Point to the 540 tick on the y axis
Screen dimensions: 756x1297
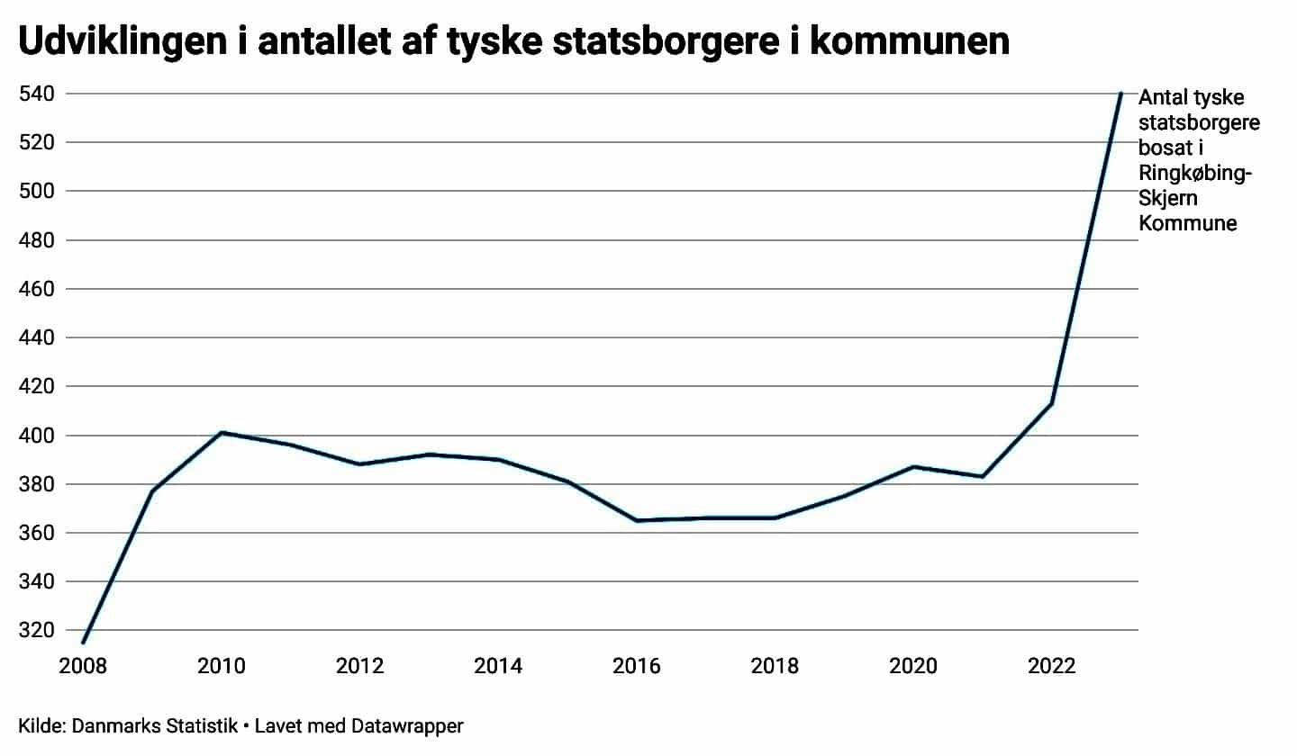coord(37,94)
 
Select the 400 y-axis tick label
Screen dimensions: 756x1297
coord(37,436)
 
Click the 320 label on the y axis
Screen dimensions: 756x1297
coord(37,630)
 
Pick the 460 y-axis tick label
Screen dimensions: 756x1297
coord(37,289)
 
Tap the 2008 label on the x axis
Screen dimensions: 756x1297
coord(82,667)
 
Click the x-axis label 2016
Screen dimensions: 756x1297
coord(636,667)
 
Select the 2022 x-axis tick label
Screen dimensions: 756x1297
coord(1051,667)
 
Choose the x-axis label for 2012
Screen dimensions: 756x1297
coord(359,667)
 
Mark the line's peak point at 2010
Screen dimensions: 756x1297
coord(222,433)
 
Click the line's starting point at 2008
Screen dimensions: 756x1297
coord(83,642)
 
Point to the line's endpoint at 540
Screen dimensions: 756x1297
coord(1120,94)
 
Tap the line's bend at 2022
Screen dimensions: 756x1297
coord(1052,403)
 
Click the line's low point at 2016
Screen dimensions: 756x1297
coord(637,520)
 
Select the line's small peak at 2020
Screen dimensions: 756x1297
coord(913,466)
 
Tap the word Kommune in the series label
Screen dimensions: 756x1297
coord(1188,223)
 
